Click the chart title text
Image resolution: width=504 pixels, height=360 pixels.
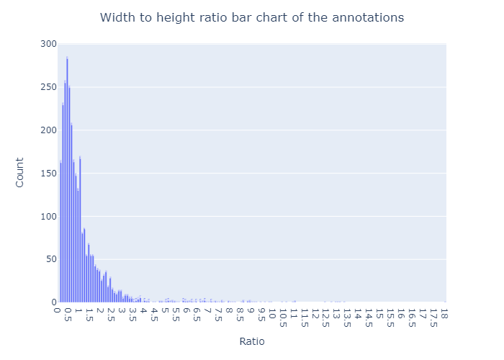pos(252,17)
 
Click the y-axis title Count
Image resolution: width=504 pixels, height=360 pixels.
pos(19,172)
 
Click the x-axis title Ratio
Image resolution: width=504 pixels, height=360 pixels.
pos(252,341)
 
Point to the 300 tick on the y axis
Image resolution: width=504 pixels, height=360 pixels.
pos(48,44)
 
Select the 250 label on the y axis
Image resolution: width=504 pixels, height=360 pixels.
pos(48,87)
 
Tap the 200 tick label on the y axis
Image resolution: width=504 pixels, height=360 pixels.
pos(48,130)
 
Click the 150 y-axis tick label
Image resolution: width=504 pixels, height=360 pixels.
pos(48,174)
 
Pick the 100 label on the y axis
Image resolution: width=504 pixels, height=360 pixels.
pos(48,216)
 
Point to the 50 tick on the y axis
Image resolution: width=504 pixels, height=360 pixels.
pos(51,259)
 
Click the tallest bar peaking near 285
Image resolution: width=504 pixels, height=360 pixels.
pos(67,179)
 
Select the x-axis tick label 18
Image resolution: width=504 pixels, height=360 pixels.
pos(444,313)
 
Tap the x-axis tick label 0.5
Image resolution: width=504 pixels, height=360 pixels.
pos(68,315)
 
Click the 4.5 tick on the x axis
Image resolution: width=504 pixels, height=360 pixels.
pos(153,315)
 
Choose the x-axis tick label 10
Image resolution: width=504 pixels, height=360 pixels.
pos(272,313)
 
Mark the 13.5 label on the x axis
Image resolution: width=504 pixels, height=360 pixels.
pos(348,318)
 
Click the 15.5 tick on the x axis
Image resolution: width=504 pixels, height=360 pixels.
pos(390,318)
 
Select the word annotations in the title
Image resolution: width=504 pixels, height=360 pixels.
pos(368,17)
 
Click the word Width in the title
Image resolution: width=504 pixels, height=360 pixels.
pos(117,17)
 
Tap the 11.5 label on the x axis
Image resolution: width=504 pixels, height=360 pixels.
pos(305,318)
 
